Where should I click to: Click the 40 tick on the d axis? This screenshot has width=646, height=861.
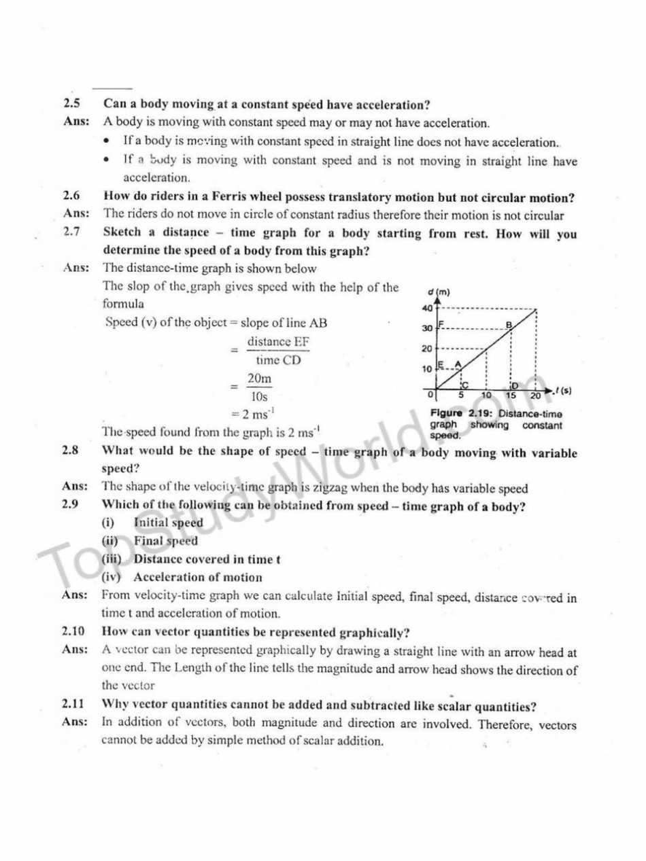428,308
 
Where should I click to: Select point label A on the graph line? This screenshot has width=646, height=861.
458,364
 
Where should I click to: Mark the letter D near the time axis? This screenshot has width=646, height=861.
514,385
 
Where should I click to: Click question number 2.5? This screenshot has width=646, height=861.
71,105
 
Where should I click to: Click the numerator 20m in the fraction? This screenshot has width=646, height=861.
258,381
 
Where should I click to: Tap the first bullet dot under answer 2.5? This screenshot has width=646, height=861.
107,143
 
